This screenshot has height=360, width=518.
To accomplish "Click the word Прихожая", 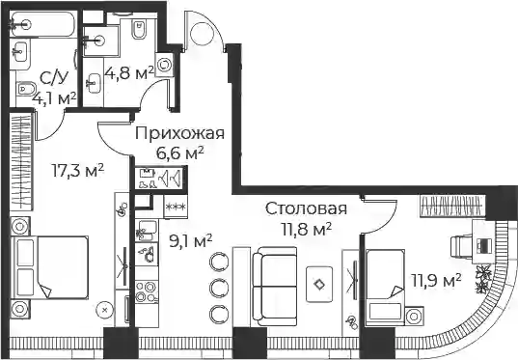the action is coord(180,133).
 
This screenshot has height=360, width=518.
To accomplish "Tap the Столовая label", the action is coord(306,208).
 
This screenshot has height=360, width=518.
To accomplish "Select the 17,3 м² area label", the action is coord(78,171).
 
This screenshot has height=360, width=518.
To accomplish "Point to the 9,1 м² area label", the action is coord(191,242).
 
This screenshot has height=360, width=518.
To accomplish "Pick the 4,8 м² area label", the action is coord(129,73).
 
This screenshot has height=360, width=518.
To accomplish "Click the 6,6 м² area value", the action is coord(180,153).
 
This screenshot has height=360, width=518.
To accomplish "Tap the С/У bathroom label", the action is coord(54,78).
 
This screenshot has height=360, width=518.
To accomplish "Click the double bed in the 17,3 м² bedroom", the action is coord(50,267).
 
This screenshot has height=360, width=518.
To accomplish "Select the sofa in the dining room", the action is coord(275,287).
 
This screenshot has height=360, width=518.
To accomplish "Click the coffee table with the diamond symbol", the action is coord(318,285).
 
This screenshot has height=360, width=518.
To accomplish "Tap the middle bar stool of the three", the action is coord(218,286).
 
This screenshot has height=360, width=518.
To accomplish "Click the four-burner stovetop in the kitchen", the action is coord(147,291).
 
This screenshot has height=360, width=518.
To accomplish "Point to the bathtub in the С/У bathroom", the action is coord(42,24).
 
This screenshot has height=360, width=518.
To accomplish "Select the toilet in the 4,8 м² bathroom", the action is coord(139,29).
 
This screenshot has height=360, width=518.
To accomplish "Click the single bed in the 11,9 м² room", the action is coord(385,288).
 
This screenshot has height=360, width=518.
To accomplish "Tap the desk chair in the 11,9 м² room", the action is coord(461,246).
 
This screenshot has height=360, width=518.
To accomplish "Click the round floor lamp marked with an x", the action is coord(105,310).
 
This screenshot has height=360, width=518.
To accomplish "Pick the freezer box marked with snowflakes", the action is coord(176,207).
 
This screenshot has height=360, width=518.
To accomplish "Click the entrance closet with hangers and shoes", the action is coord(161,178).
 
